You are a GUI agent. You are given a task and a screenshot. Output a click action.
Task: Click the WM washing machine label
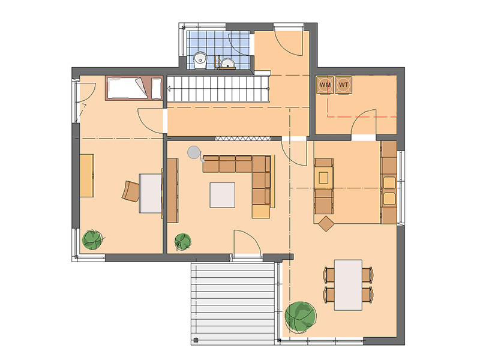click(x=325, y=85)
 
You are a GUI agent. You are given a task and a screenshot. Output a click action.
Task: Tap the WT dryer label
click(x=343, y=85)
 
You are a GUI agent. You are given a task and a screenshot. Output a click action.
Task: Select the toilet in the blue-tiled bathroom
click(x=200, y=59)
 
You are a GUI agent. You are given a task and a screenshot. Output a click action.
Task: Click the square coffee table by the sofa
click(x=223, y=195)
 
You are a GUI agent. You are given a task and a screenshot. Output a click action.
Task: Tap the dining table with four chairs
click(x=348, y=285)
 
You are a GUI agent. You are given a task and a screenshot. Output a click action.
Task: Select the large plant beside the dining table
click(x=301, y=317)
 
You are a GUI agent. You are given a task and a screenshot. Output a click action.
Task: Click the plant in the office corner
click(x=92, y=239)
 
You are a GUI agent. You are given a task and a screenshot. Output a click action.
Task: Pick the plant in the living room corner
click(x=183, y=242)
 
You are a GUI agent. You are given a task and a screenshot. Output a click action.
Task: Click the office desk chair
click(x=131, y=191)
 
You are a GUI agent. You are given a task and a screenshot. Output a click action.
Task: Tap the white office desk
click(x=151, y=193)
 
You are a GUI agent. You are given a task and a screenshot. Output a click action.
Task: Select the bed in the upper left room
click(x=134, y=88)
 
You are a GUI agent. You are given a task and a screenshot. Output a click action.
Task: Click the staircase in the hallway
click(x=218, y=89)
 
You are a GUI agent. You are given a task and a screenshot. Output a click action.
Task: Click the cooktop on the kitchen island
click(x=323, y=178)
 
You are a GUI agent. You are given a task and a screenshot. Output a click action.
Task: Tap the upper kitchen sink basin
click(x=389, y=183)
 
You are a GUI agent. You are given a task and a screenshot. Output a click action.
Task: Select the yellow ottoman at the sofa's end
click(x=261, y=212)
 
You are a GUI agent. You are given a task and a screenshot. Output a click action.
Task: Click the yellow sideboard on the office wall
click(x=87, y=175)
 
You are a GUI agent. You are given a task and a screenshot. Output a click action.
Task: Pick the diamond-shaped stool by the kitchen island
click(x=326, y=224)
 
